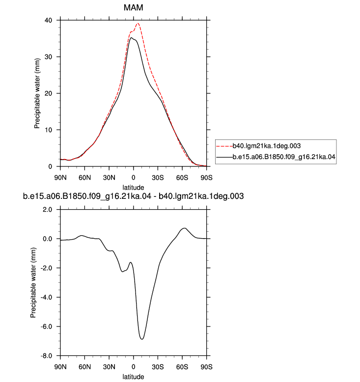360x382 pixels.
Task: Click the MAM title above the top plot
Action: point(133,7)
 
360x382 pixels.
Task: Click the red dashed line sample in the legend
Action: point(224,146)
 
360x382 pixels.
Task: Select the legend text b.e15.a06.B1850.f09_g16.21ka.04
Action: point(284,157)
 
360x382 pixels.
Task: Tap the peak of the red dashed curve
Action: point(138,24)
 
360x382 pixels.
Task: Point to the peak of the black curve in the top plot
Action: point(131,37)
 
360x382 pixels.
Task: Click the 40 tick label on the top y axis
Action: point(48,20)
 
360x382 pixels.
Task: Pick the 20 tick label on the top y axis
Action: point(48,93)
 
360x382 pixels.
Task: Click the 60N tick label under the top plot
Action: point(84,178)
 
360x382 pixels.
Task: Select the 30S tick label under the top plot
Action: point(158,178)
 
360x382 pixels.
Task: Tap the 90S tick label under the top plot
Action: point(206,178)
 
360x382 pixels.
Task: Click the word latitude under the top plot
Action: point(133,188)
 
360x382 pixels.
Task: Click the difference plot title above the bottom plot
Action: point(133,196)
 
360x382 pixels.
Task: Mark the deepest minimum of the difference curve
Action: point(142,339)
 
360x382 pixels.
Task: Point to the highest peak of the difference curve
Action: point(185,228)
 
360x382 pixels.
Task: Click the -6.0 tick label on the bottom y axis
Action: point(46,327)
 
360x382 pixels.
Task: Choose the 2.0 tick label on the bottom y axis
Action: point(47,210)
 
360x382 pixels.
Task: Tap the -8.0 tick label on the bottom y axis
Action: point(46,355)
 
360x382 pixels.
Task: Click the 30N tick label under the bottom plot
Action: point(109,367)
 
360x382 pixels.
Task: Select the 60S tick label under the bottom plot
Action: point(182,367)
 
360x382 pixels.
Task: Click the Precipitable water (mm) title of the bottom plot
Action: point(33,283)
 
